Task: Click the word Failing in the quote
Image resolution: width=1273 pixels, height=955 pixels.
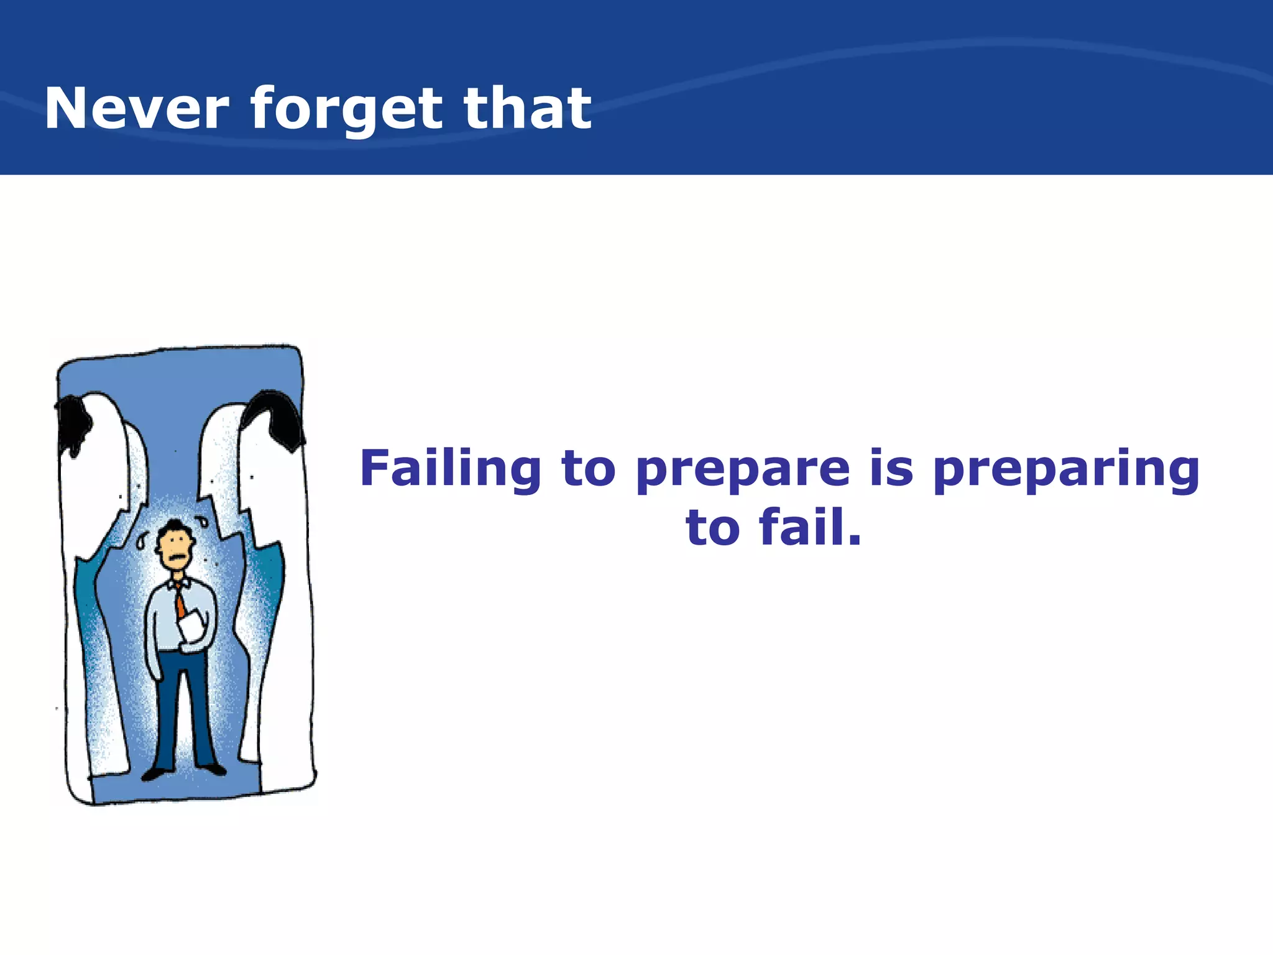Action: [450, 470]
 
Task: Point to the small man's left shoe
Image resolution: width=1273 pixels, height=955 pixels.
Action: [153, 774]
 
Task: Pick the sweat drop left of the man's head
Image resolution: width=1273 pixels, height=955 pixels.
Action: [142, 542]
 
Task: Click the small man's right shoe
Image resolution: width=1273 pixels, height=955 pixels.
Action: [213, 769]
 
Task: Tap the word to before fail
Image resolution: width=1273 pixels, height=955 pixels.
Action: [713, 528]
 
